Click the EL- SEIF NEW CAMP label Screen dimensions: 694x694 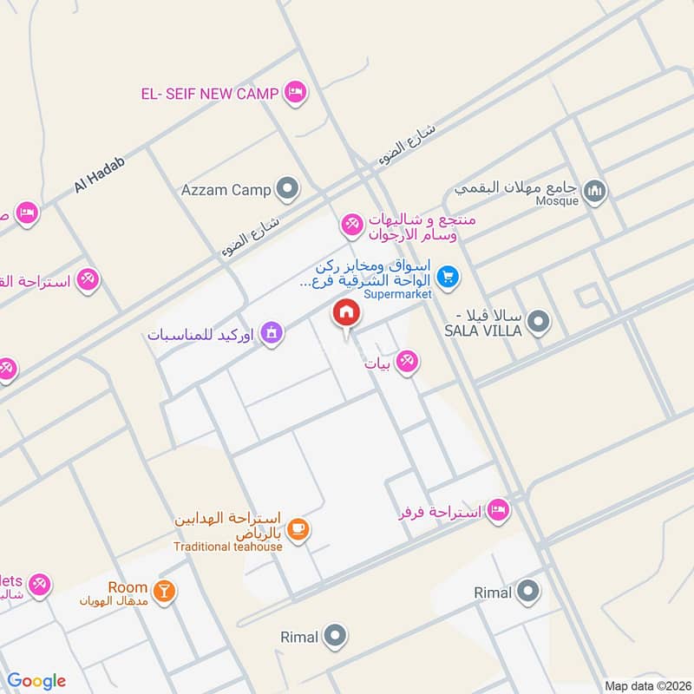(x=210, y=93)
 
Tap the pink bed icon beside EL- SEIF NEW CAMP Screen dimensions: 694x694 (x=295, y=93)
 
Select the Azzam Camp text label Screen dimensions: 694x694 (x=226, y=189)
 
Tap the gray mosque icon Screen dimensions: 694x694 (x=594, y=191)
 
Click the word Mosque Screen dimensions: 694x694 (x=557, y=202)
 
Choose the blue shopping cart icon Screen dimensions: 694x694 (x=448, y=277)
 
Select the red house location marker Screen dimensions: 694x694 (x=346, y=313)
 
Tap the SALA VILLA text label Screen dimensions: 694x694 (x=483, y=331)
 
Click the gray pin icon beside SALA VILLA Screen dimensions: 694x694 (x=539, y=324)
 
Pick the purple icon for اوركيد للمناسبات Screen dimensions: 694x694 (x=272, y=333)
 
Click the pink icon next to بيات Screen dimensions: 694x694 (x=407, y=363)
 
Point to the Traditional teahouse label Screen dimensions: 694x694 (x=227, y=547)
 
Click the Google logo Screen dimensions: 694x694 (x=36, y=681)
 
